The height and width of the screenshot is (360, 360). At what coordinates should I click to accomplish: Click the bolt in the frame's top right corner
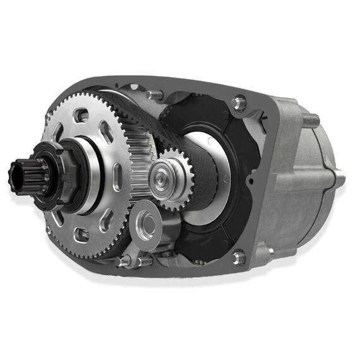coord(238,102)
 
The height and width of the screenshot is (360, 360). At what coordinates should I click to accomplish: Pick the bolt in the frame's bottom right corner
coord(239,256)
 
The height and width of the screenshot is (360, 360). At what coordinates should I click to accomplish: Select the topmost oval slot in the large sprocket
coord(80,115)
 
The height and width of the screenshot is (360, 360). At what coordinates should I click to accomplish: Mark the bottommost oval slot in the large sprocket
coord(81,236)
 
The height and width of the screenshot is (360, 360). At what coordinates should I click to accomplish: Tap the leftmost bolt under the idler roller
coord(123,260)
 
